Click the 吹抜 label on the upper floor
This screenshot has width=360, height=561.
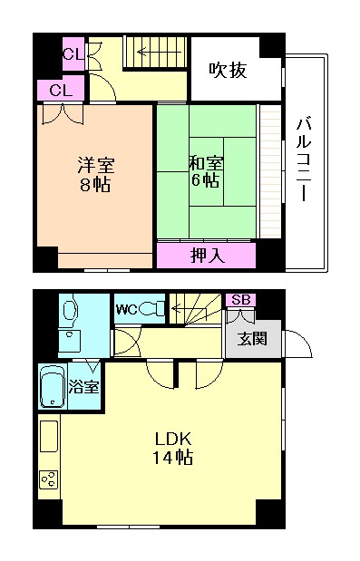(228, 70)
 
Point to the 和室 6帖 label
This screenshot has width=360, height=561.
(204, 171)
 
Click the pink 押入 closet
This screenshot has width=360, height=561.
(206, 256)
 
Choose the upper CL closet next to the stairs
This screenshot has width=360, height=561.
(73, 54)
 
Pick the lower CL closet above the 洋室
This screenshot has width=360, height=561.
(61, 90)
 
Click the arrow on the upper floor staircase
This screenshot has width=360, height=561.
(145, 53)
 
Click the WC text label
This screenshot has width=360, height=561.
(126, 310)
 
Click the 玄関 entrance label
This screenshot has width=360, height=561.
(252, 340)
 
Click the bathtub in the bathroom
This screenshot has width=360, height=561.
(54, 388)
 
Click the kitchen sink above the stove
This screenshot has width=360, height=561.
(49, 437)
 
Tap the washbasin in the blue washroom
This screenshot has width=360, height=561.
(68, 342)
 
